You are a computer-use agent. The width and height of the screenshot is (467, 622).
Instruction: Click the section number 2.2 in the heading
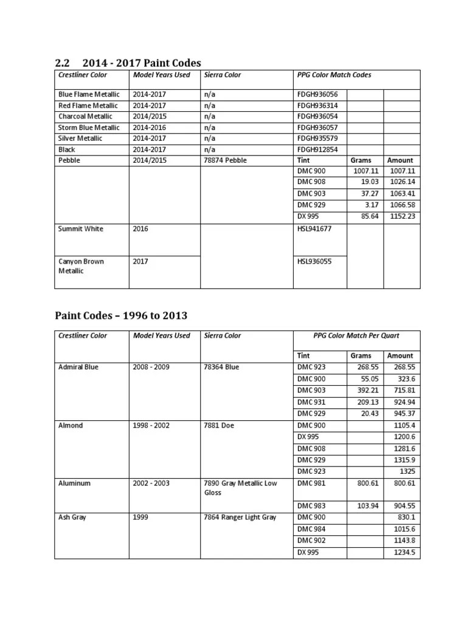(63, 63)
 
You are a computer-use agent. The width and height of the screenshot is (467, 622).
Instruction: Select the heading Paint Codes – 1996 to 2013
(121, 315)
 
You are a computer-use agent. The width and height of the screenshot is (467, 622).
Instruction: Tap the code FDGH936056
(317, 95)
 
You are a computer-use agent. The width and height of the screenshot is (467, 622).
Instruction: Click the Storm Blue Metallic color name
(89, 128)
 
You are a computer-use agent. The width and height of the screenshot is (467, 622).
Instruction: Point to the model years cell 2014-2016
(150, 128)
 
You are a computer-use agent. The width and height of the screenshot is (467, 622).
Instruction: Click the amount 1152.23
(403, 216)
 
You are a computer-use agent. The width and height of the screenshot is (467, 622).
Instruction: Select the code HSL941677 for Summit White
(314, 229)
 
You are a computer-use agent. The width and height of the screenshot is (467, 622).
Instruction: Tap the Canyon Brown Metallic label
(81, 266)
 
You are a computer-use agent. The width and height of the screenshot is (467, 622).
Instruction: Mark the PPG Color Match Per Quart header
(356, 335)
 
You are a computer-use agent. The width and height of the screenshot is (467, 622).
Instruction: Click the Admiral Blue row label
(78, 367)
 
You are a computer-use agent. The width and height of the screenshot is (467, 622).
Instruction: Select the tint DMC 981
(311, 484)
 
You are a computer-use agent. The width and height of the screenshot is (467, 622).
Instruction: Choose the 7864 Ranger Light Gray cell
(240, 517)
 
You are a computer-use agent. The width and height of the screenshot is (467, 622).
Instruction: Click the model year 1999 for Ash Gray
(140, 517)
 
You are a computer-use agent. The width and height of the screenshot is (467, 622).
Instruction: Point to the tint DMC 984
(311, 530)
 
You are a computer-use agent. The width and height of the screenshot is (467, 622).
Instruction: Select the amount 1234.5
(404, 552)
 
